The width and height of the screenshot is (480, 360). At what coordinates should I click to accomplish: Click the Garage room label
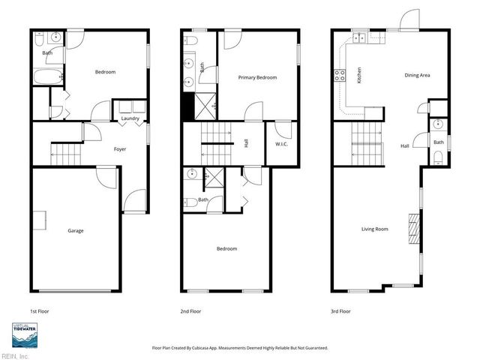pos(75,230)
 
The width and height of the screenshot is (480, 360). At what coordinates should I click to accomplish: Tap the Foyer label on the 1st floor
pos(120,149)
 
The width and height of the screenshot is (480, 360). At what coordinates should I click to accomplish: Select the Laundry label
pos(130,118)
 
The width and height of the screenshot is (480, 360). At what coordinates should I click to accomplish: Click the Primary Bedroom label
pos(257,78)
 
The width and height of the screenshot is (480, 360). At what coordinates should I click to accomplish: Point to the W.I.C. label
pos(282,144)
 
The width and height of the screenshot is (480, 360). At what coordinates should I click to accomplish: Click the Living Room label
pos(375,229)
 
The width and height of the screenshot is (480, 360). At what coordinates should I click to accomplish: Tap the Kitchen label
pos(359,75)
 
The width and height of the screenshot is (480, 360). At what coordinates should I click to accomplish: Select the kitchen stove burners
pos(339,75)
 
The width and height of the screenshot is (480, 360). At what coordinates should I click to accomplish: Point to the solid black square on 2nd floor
pos(188,106)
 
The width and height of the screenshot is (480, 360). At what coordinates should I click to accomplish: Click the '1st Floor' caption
pos(40,310)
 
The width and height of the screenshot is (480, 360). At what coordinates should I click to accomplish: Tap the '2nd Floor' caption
pos(190,310)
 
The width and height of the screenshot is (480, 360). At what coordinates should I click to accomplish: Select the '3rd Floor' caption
pos(341,310)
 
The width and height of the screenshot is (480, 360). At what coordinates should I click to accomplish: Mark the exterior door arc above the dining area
pos(409,19)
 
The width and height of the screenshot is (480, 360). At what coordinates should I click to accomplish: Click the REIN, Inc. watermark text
pos(15,355)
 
